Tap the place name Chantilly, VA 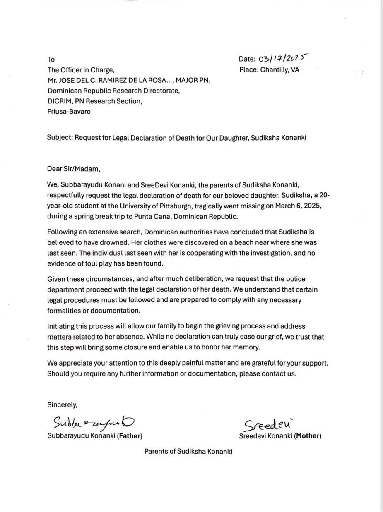tap(279, 70)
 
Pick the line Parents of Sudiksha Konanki tap(188, 452)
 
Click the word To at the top tap(51, 60)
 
